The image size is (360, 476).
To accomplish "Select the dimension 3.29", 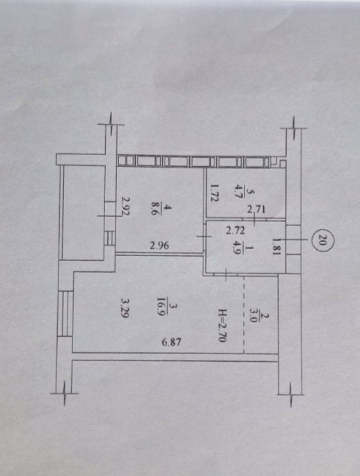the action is click(125, 307).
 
